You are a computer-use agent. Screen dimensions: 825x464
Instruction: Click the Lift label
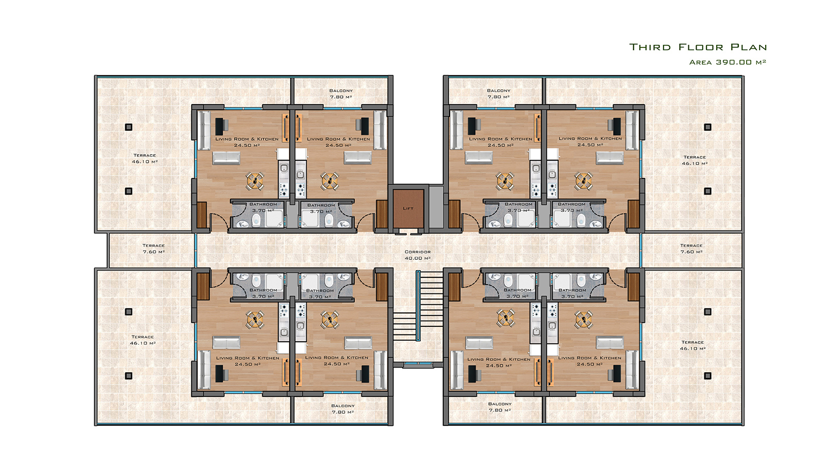coord(408,208)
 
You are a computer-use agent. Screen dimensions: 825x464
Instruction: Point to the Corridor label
coord(418,252)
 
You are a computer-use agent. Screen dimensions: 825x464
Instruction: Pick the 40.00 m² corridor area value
coord(418,258)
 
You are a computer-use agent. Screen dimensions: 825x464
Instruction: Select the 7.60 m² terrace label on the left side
coord(154,248)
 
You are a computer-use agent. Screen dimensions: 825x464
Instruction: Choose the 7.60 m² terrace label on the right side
coord(691,248)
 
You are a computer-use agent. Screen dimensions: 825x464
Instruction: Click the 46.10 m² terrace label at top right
coord(694,160)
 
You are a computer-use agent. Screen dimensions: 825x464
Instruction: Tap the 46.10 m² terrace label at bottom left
coord(142,340)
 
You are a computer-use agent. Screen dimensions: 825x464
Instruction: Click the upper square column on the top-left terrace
coord(128,127)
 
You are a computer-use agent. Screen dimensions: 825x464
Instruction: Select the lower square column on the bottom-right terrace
coord(707,376)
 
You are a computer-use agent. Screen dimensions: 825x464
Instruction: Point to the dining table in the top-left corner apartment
coord(255,181)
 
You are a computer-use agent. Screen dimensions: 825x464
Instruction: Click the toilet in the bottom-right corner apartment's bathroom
coord(581,281)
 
